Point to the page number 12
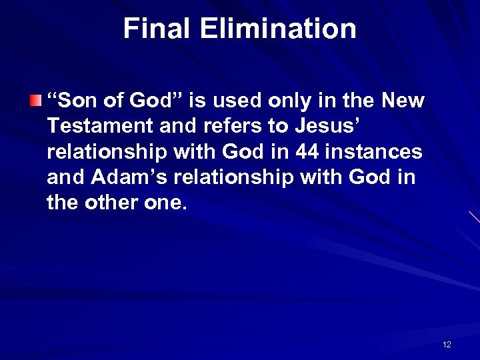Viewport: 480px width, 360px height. (x=447, y=345)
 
